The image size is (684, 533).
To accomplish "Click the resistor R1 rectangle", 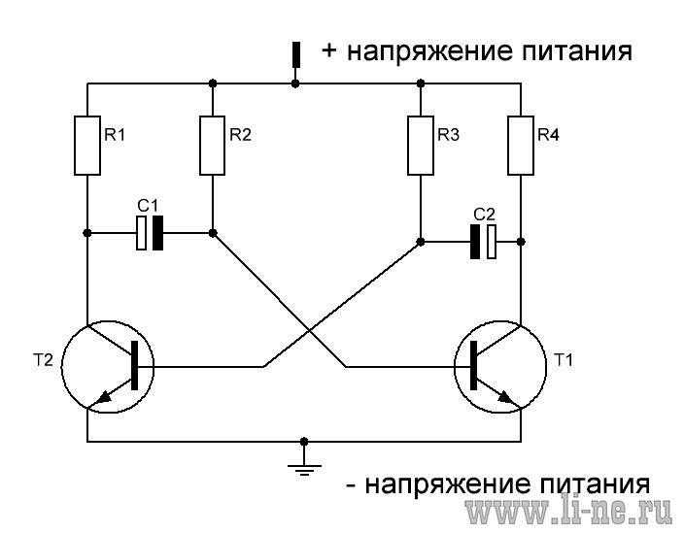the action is [x=87, y=146].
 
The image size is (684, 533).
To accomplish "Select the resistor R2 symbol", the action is [x=213, y=146].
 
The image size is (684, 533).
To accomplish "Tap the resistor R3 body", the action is [x=421, y=146].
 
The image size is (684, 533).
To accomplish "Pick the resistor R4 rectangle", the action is [x=521, y=146].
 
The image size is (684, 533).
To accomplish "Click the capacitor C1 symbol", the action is [x=150, y=233].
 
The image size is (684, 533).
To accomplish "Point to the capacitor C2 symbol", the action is [x=483, y=242].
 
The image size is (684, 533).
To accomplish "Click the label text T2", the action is [x=43, y=360].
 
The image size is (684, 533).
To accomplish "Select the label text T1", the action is [x=563, y=360].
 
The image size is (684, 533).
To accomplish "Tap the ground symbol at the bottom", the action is [x=304, y=470].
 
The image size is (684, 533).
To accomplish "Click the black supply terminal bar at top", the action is [x=296, y=54].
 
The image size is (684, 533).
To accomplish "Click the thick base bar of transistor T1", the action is [x=474, y=366].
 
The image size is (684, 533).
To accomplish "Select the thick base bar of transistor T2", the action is [x=134, y=366].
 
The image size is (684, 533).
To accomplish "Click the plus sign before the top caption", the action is [x=329, y=50].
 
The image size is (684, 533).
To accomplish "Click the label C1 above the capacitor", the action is [x=148, y=206].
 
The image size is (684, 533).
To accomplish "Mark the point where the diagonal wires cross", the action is [x=309, y=331].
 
